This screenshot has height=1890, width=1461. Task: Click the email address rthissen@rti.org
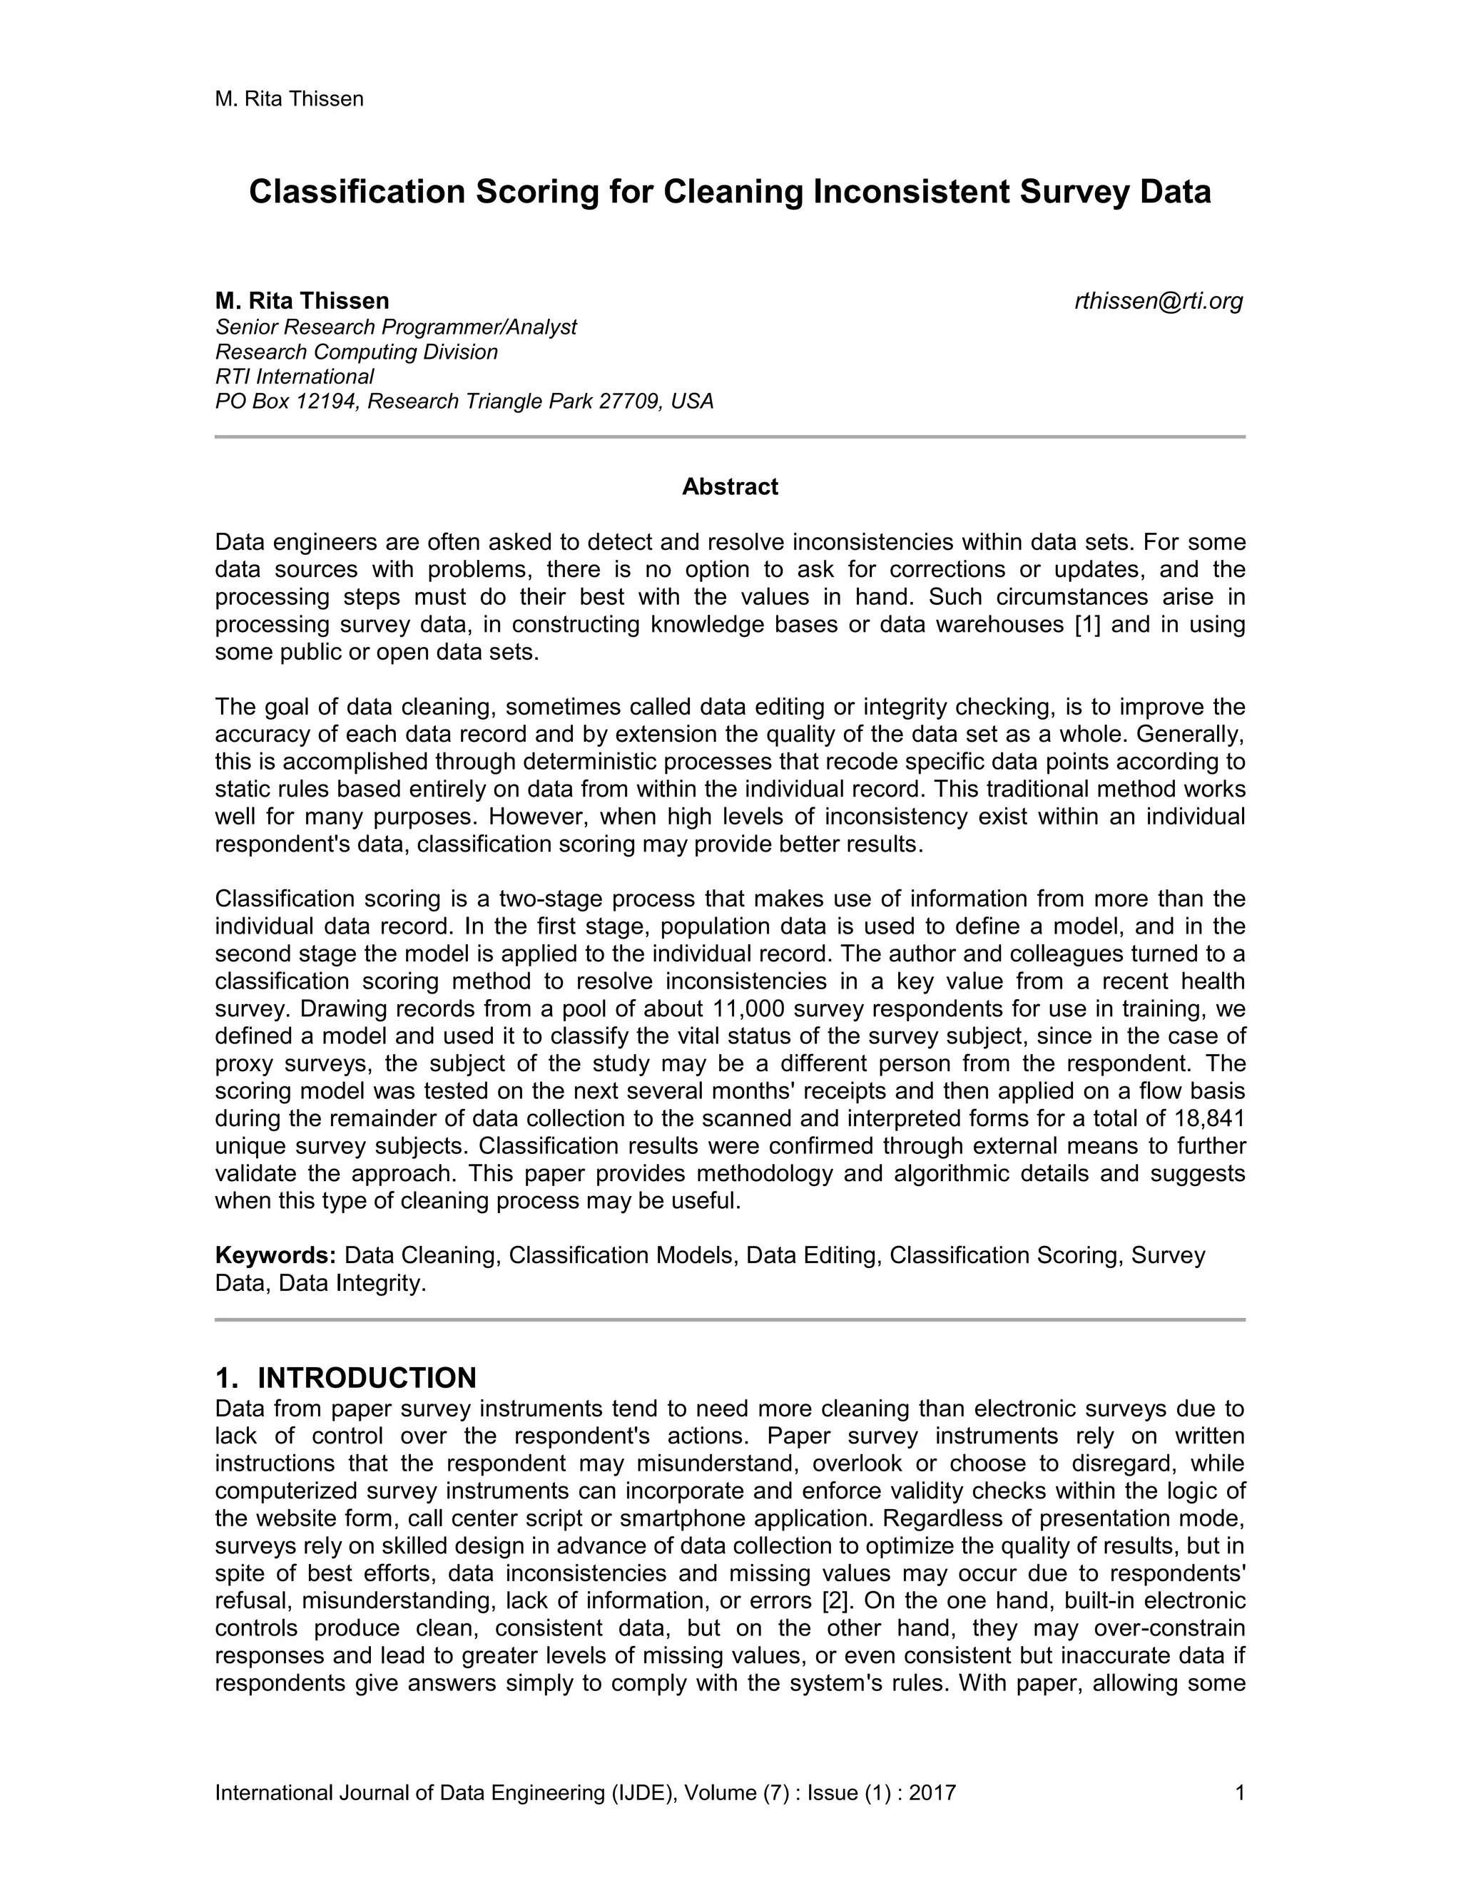[1158, 301]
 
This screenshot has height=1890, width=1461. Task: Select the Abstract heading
[730, 487]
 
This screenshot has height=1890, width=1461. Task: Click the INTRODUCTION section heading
[367, 1378]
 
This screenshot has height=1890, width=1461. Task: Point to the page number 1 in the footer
[1239, 1792]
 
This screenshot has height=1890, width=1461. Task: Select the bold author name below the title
[302, 301]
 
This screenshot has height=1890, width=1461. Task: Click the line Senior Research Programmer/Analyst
[395, 327]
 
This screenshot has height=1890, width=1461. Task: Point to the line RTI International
[295, 377]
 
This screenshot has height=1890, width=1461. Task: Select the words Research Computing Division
[357, 352]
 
